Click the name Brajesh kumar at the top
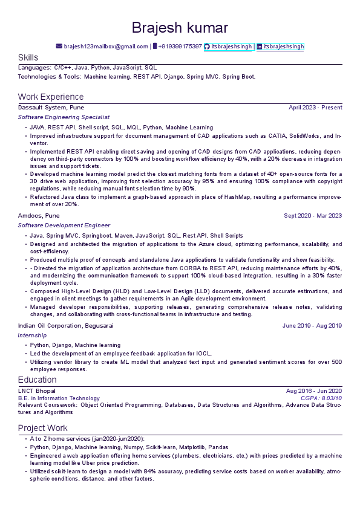(180, 28)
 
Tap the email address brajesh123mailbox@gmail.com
(106, 47)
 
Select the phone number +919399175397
(180, 47)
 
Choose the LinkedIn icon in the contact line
(260, 47)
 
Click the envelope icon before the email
(59, 47)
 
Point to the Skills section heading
(28, 57)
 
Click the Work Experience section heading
(51, 97)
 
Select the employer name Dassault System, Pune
(51, 108)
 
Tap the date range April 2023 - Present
(315, 108)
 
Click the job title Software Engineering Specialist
(64, 117)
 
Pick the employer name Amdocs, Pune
(39, 215)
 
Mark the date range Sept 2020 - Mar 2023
(313, 215)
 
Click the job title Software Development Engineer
(64, 225)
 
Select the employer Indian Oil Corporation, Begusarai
(65, 325)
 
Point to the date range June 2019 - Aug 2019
(312, 325)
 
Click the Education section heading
(38, 380)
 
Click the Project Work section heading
(42, 428)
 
